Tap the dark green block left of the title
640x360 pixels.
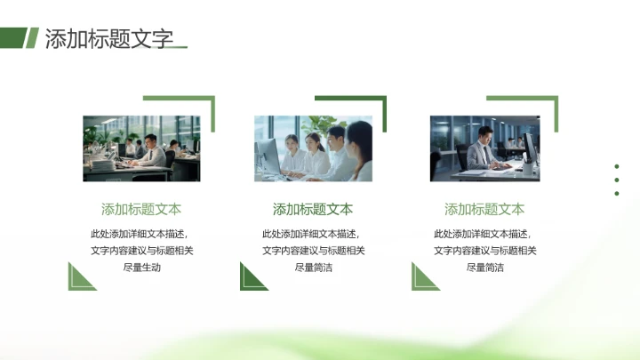point(12,37)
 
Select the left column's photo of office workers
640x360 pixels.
point(141,148)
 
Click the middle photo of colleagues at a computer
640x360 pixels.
point(313,148)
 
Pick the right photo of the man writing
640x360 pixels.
point(484,148)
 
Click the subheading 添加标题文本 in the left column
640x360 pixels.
point(141,210)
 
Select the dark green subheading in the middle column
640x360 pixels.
point(313,210)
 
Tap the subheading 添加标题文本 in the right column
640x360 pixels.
point(484,210)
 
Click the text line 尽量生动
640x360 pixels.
point(141,267)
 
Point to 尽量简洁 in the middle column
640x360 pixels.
point(313,267)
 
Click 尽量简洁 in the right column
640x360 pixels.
point(484,267)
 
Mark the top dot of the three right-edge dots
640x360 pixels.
point(617,165)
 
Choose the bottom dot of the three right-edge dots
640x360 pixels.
point(617,193)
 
